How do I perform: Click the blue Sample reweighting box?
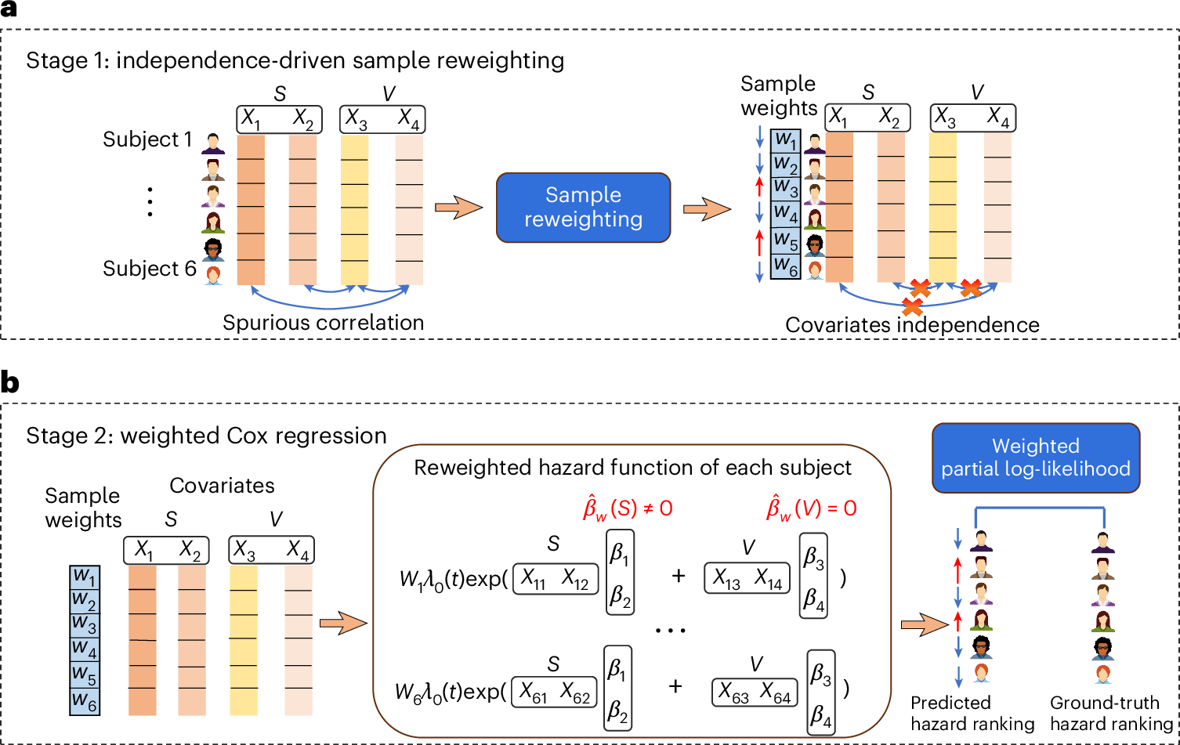click(x=583, y=207)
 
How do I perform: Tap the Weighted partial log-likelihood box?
click(x=1035, y=457)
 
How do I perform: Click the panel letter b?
click(x=10, y=383)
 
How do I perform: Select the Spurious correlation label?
click(x=323, y=322)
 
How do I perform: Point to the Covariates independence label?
click(x=912, y=324)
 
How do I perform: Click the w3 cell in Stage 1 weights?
click(x=785, y=188)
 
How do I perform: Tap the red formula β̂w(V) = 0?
click(x=811, y=509)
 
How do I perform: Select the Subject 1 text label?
click(x=147, y=140)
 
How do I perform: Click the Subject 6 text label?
click(x=150, y=269)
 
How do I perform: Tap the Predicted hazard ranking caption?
click(x=972, y=713)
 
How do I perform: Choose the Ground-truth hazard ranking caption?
click(x=1110, y=713)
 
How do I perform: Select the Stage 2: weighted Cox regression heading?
click(x=206, y=436)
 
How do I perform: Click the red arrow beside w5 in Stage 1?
click(x=758, y=240)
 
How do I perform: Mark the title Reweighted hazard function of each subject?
click(x=632, y=468)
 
